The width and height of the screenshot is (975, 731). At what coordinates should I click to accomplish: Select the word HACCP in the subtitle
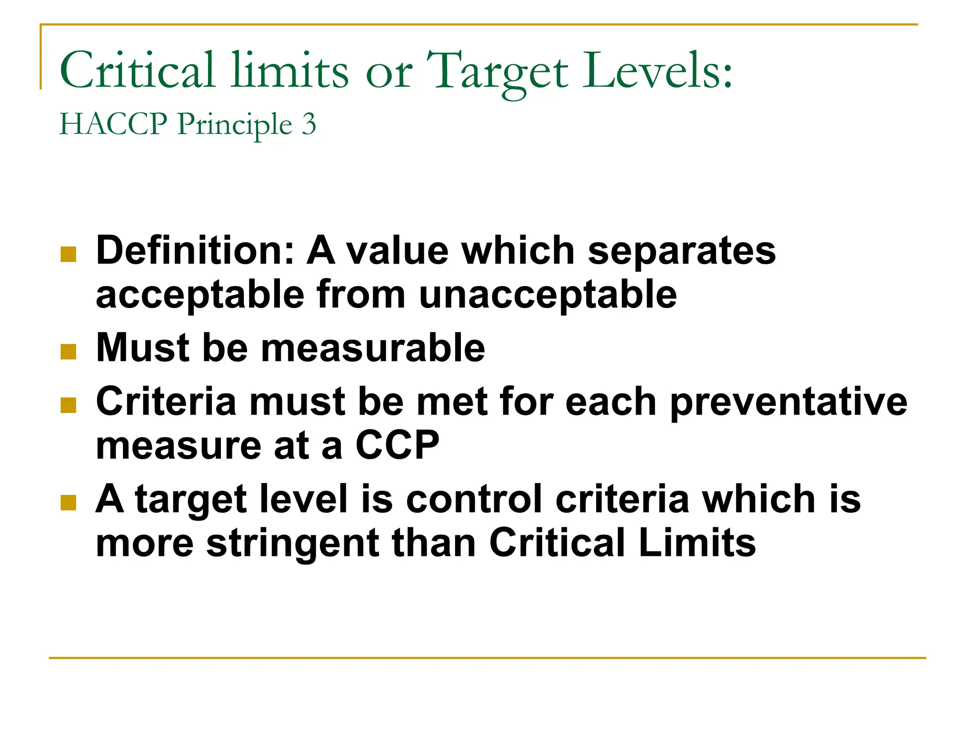(x=113, y=124)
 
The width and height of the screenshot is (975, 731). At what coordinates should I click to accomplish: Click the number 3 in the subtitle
(x=309, y=124)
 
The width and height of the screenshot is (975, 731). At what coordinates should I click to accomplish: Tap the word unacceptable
(x=548, y=295)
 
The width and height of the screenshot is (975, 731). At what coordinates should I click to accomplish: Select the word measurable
(x=373, y=348)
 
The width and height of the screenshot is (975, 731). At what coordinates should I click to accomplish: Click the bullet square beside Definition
(x=69, y=254)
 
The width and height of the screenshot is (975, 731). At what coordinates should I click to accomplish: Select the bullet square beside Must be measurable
(x=69, y=352)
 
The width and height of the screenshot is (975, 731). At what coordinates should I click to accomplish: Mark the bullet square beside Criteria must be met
(x=69, y=405)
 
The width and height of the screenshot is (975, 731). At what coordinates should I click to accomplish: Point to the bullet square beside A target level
(x=69, y=503)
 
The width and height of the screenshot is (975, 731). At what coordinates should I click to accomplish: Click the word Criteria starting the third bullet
(x=166, y=402)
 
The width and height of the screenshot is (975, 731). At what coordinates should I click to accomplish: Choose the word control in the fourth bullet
(x=474, y=499)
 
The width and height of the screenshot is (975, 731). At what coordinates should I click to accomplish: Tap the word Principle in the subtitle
(x=235, y=125)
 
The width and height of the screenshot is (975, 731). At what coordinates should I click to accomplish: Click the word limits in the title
(x=289, y=71)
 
